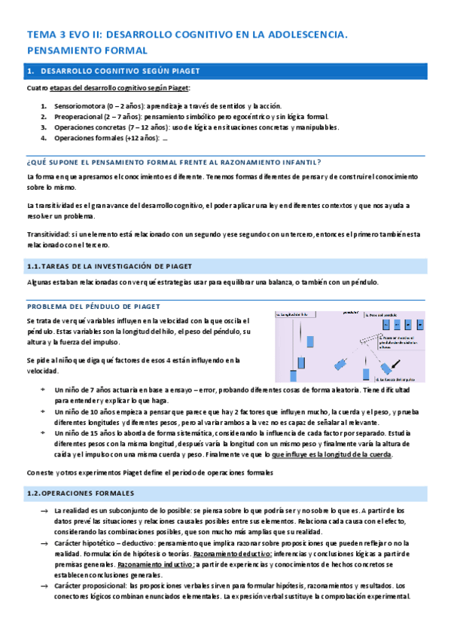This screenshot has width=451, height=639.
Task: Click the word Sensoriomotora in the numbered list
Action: (x=78, y=106)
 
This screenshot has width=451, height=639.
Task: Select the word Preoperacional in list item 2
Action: (x=78, y=117)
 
